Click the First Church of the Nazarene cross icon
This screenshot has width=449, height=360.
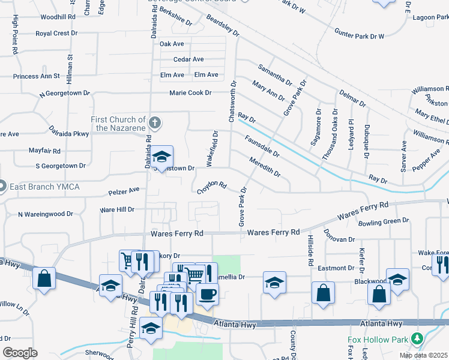pos(155,124)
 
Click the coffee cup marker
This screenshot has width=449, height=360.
pos(207,295)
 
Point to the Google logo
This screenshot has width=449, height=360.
pos(20,353)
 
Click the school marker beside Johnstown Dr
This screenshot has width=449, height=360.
pos(161,157)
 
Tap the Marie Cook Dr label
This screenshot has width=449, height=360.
pos(190,93)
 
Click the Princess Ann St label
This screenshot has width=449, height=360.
pos(37,76)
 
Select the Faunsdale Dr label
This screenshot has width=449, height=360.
pos(262,146)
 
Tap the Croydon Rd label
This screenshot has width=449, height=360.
pos(212,188)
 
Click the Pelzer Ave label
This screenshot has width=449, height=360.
pos(124,191)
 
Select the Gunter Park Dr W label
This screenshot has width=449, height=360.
pos(359,37)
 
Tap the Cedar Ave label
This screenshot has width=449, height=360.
pos(188,59)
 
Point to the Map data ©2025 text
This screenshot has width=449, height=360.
pos(424,355)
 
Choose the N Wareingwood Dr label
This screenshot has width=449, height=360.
pos(45,214)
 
